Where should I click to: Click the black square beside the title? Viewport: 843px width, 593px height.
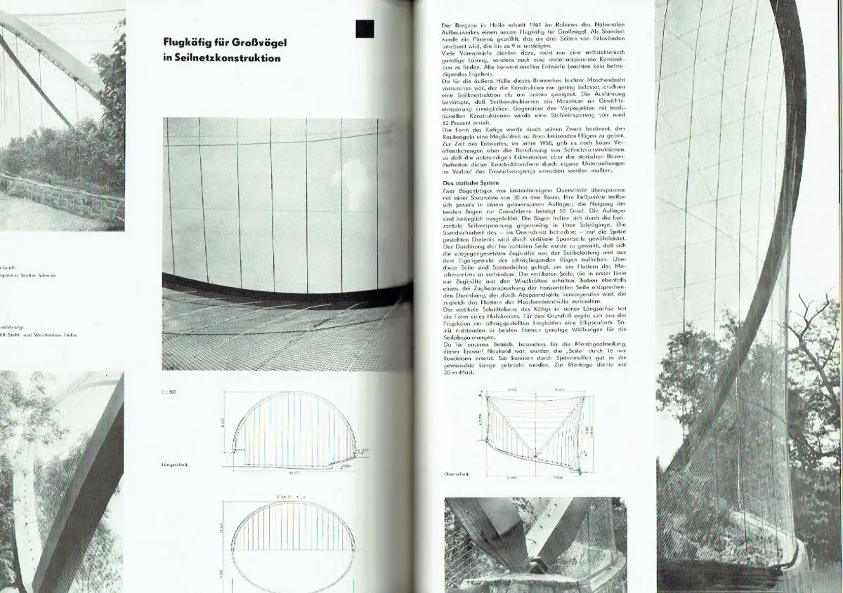(365, 29)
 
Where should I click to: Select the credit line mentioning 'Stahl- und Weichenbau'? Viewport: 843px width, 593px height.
(42, 335)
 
